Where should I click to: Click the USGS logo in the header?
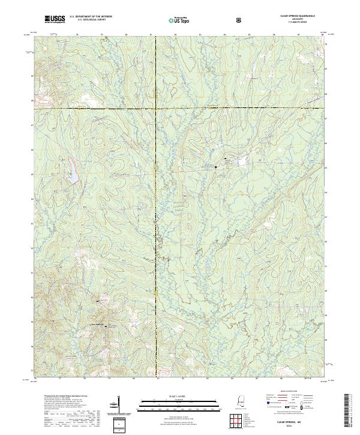tap(56, 19)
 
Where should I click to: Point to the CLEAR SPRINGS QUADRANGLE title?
tap(297, 16)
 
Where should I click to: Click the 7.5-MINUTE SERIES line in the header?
tap(298, 22)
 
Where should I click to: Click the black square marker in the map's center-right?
tap(217, 167)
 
